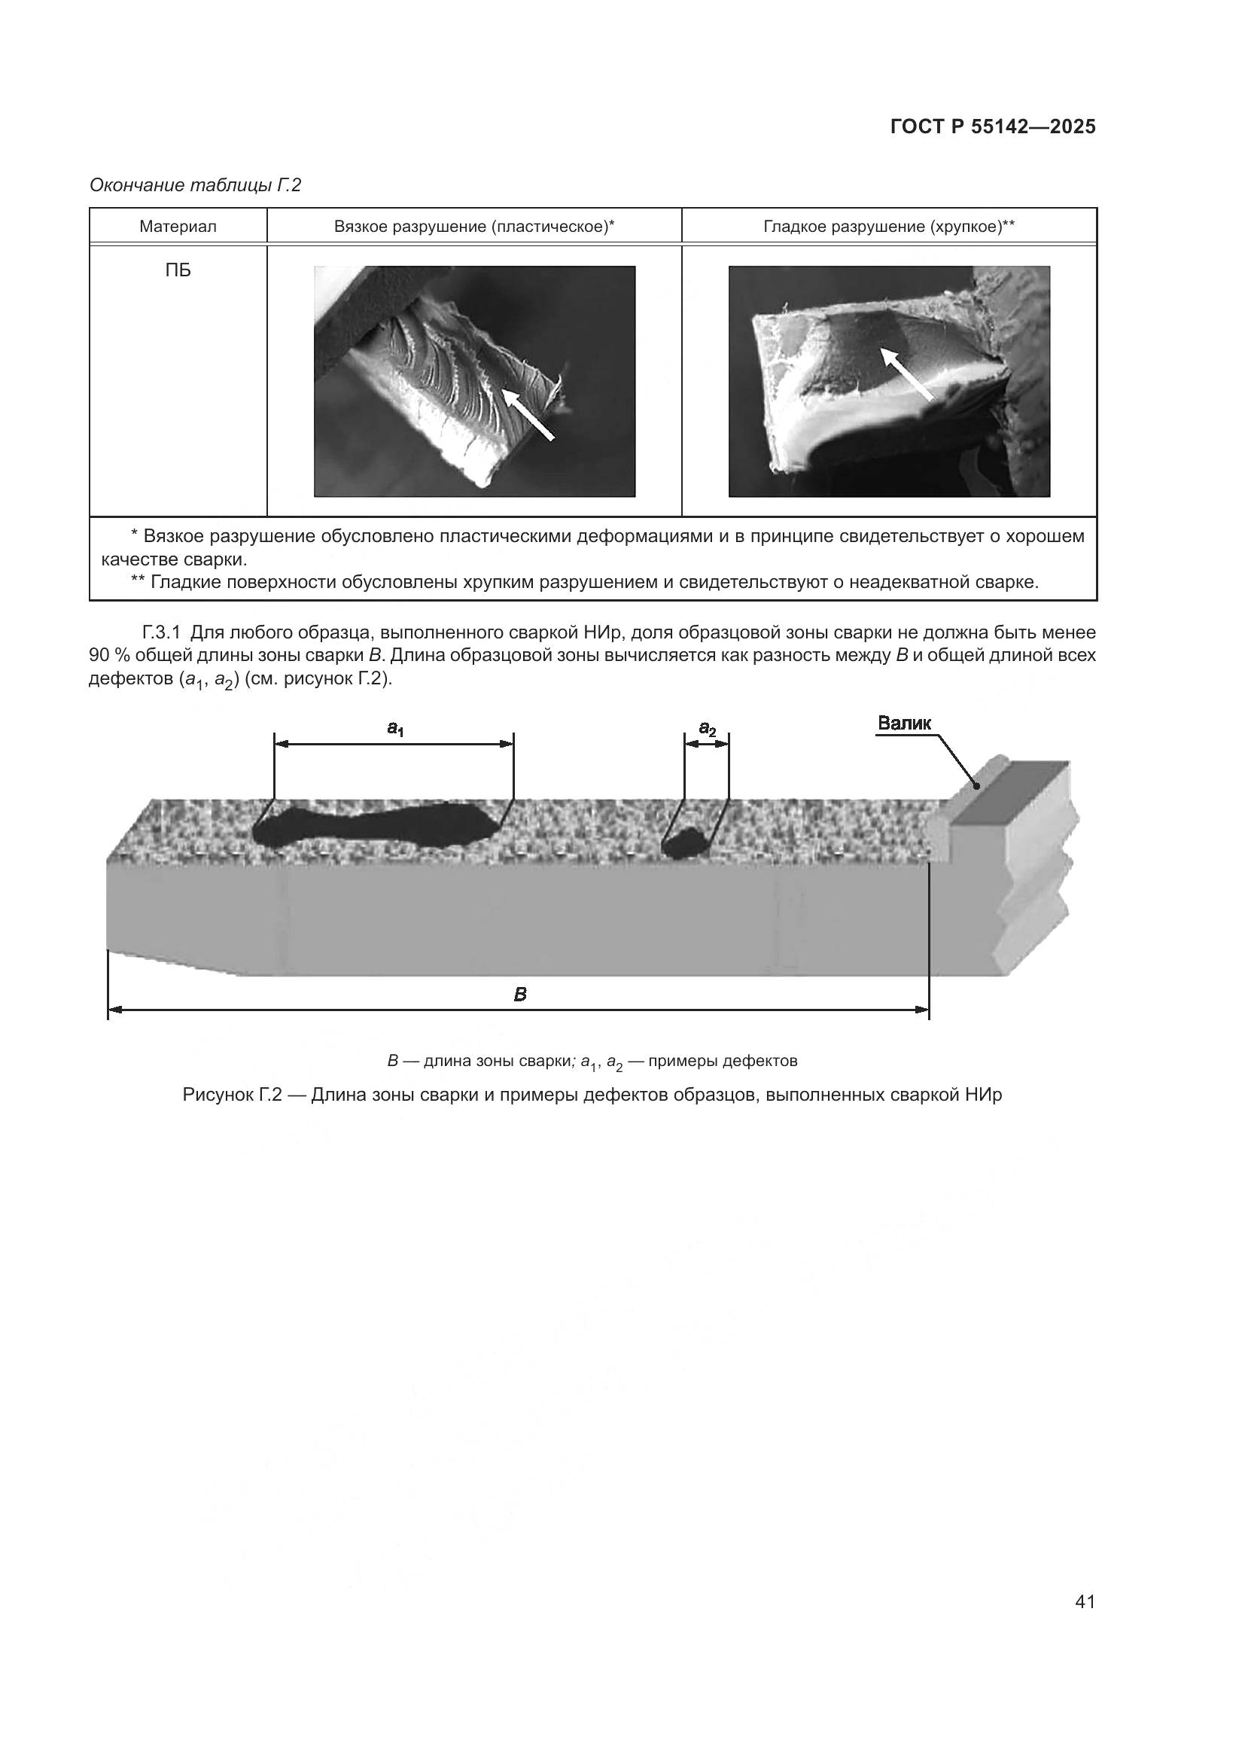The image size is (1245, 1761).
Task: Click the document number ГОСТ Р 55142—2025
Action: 993,126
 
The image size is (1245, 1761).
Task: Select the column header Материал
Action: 178,227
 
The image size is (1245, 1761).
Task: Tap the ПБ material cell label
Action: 178,271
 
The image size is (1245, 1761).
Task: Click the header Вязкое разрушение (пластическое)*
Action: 473,227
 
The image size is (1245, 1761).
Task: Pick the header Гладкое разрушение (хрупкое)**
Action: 888,227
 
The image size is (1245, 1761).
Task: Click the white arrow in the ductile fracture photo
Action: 528,414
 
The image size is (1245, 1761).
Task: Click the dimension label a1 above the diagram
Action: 395,728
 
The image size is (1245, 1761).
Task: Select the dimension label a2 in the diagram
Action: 707,728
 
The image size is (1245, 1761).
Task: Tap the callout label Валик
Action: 904,723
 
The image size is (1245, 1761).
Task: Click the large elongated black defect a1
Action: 376,825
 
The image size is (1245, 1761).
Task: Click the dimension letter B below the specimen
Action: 520,995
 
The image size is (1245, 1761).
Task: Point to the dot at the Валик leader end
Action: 977,785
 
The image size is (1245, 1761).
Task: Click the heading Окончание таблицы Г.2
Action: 196,185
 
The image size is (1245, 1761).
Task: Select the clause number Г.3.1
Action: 161,632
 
